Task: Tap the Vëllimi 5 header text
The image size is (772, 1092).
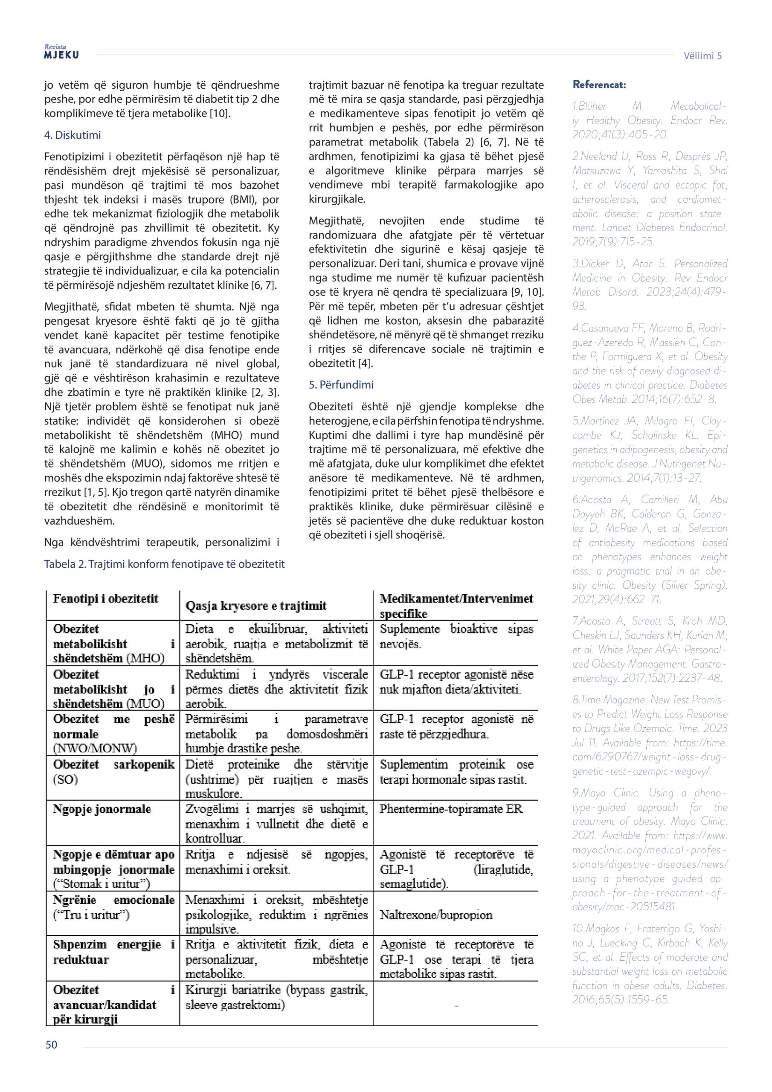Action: coord(702,55)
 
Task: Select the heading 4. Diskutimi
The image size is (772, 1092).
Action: coord(73,135)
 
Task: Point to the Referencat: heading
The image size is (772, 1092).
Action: coord(599,85)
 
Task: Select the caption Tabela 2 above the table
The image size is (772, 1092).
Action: coord(164,564)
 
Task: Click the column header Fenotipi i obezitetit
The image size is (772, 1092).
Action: coord(105,599)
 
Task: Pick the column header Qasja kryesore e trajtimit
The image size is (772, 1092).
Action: coord(256,605)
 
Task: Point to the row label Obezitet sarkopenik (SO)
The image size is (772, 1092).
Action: coord(113,772)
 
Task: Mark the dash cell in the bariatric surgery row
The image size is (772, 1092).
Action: coord(456,1005)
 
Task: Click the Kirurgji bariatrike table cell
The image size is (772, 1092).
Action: coord(276,997)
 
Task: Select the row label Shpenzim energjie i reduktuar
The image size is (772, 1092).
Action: coord(113,952)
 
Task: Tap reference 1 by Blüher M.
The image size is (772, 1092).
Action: coord(649,120)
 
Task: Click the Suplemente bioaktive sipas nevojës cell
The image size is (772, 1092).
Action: coord(456,636)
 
